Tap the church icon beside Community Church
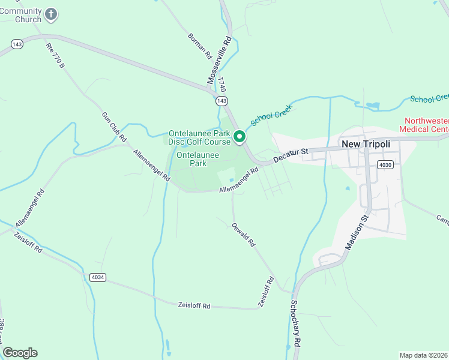pos(52,14)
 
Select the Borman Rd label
pos(200,45)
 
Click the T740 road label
pos(221,83)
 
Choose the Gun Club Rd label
pos(114,127)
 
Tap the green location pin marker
pos(240,137)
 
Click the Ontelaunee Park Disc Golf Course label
pos(199,137)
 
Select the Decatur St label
pos(290,155)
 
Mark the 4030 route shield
pos(385,164)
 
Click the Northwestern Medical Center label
pos(426,125)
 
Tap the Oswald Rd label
pos(244,235)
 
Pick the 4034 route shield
pos(97,277)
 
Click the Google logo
pos(20,353)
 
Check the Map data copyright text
pos(424,355)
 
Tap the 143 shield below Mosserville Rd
pos(223,101)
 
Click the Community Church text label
pos(20,15)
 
